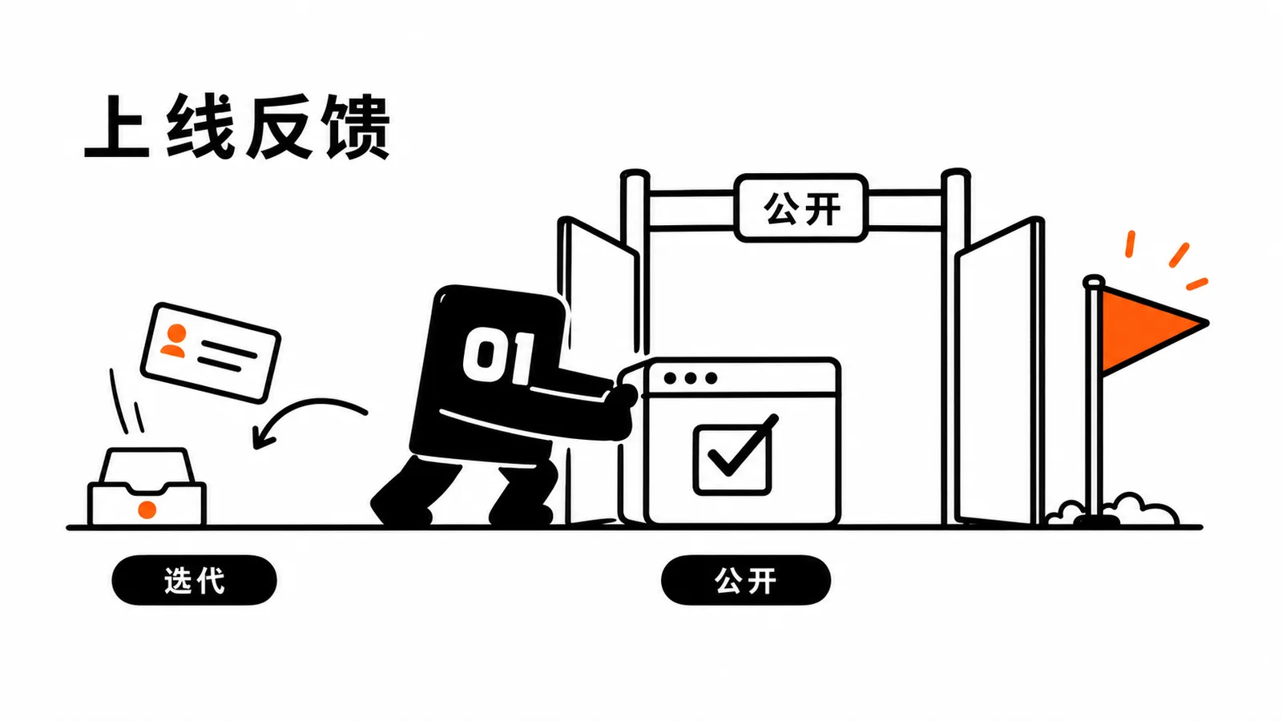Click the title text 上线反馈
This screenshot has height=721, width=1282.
(237, 127)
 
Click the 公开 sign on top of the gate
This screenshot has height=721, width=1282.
(801, 208)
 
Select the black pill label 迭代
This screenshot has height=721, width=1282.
(195, 580)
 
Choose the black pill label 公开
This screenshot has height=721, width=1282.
(746, 580)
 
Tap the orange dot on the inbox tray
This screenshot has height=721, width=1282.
(147, 510)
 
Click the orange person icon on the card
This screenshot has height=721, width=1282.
(175, 340)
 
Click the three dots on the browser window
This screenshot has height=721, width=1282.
(691, 377)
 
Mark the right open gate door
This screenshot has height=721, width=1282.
(999, 371)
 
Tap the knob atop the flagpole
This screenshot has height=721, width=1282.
(1094, 281)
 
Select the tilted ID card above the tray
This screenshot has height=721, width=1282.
(211, 352)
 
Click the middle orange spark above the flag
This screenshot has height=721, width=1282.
(1179, 256)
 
